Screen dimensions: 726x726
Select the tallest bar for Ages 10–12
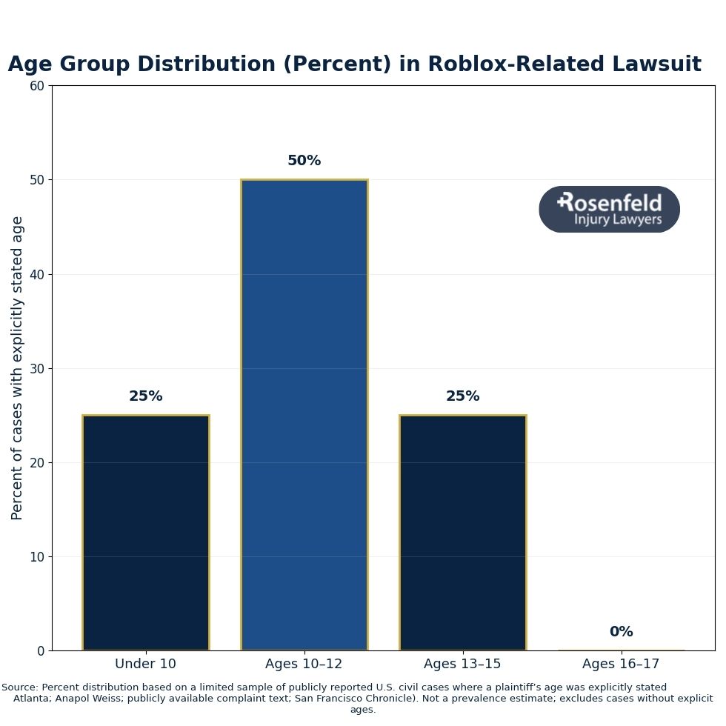pyautogui.click(x=304, y=415)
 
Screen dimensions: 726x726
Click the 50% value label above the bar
pyautogui.click(x=304, y=161)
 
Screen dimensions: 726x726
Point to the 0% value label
pyautogui.click(x=621, y=632)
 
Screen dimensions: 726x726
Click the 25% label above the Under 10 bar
pyautogui.click(x=146, y=396)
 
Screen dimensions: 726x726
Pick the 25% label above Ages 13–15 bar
pyautogui.click(x=462, y=396)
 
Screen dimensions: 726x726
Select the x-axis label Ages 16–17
pyautogui.click(x=621, y=664)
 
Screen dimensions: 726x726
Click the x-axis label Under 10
pyautogui.click(x=146, y=664)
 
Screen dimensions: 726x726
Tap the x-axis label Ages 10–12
pyautogui.click(x=304, y=664)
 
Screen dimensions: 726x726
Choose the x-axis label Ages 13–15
pyautogui.click(x=462, y=664)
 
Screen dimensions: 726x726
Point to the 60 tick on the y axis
pyautogui.click(x=37, y=86)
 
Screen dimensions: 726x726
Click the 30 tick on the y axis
pyautogui.click(x=37, y=368)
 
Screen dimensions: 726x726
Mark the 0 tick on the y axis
pyautogui.click(x=41, y=650)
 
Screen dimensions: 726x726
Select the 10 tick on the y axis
pyautogui.click(x=37, y=556)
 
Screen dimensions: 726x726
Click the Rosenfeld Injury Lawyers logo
pyautogui.click(x=609, y=210)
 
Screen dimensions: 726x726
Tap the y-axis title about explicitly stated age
pyautogui.click(x=17, y=367)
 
